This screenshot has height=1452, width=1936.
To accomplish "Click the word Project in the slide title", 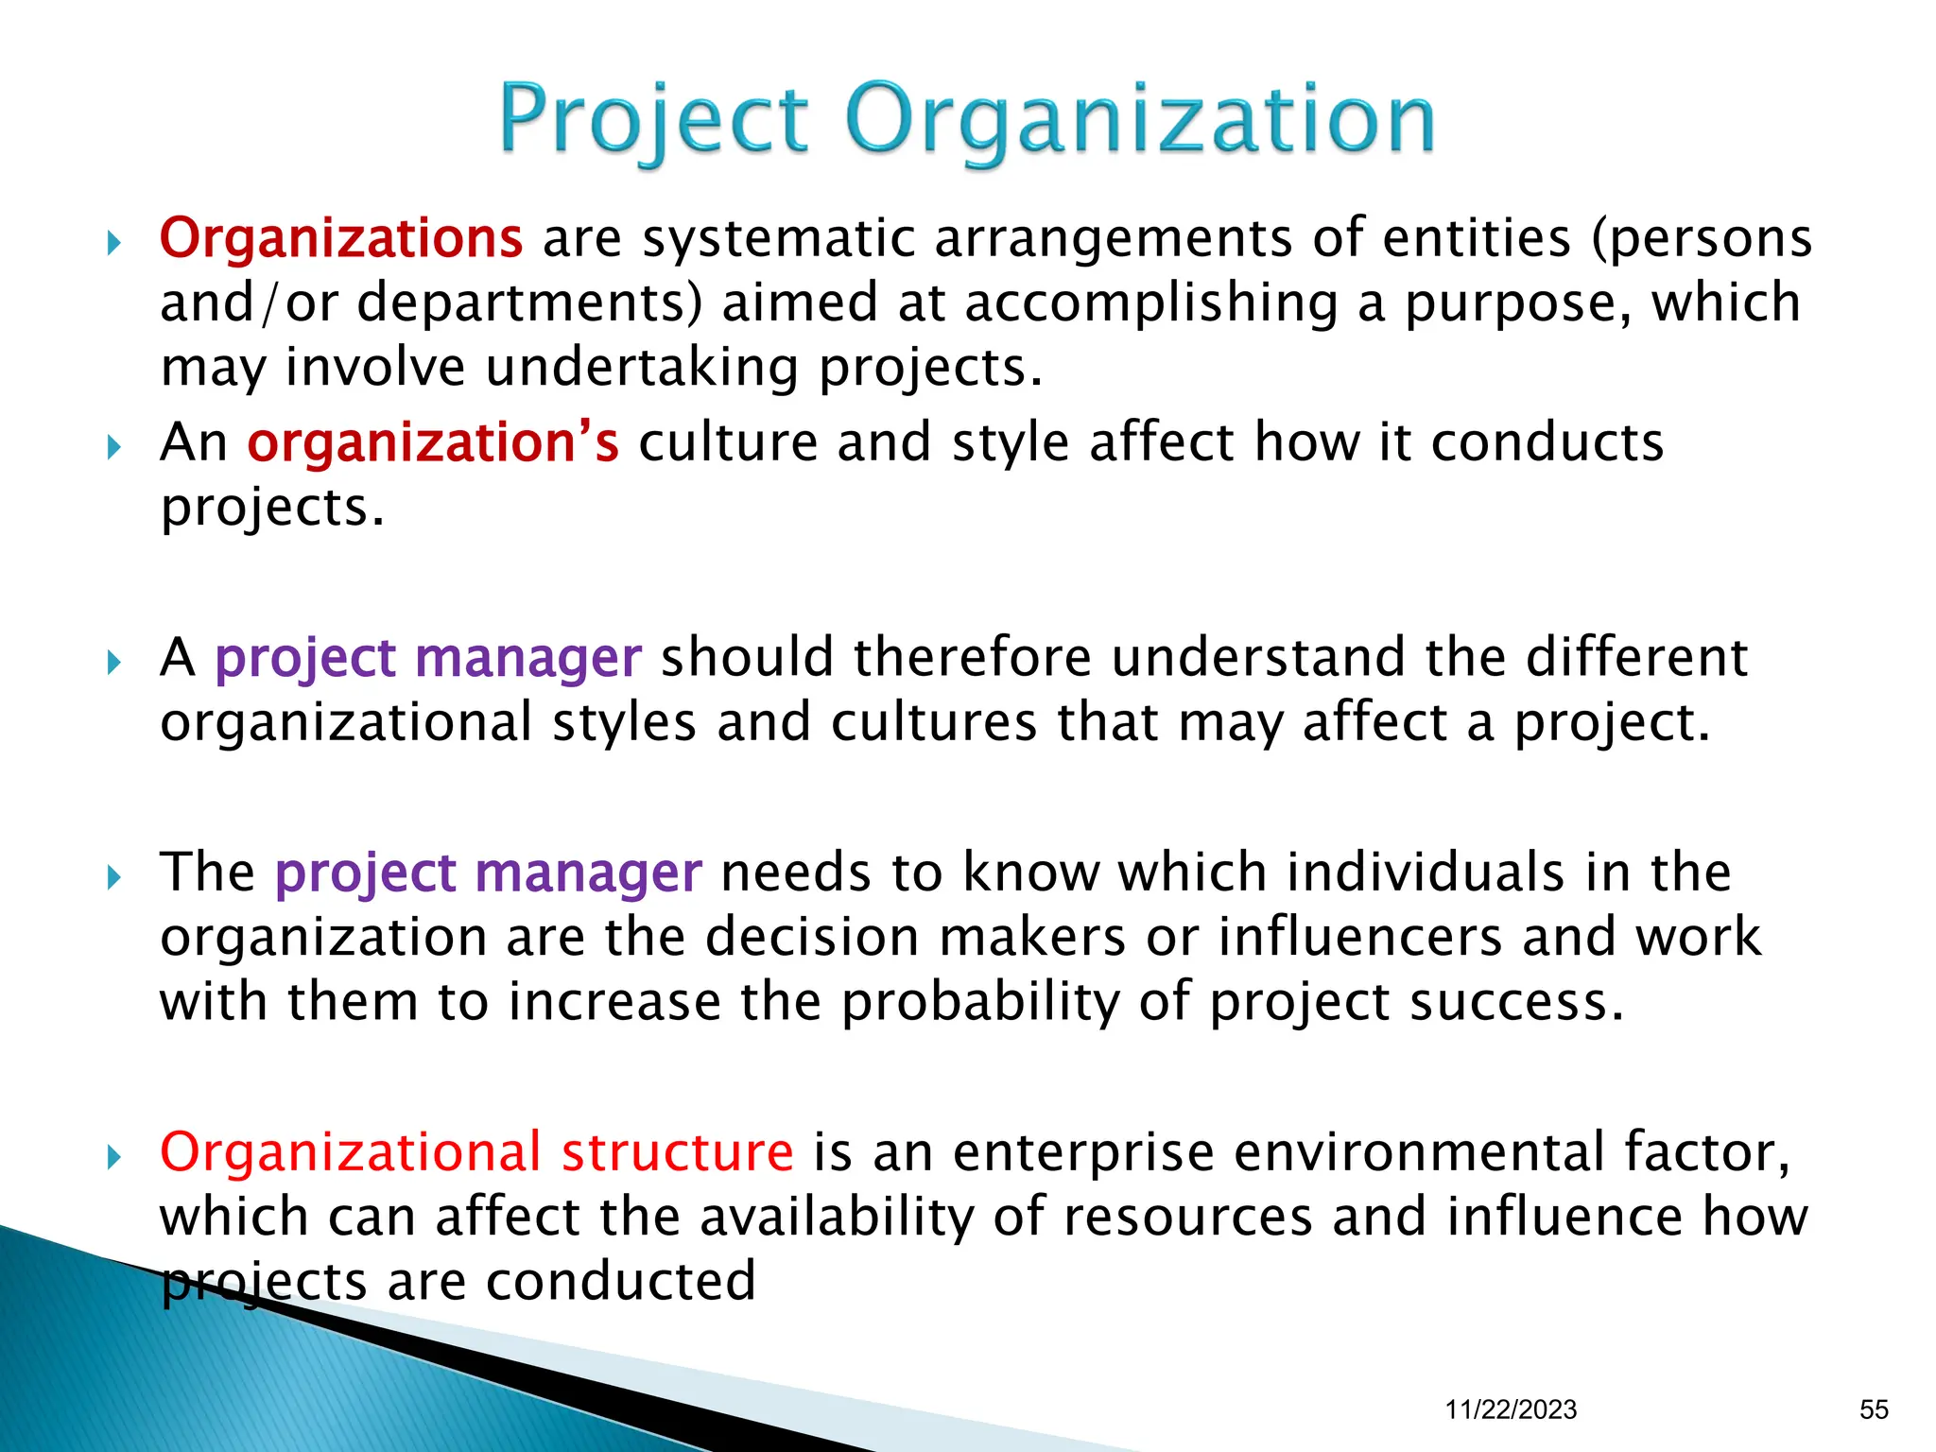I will [x=654, y=121].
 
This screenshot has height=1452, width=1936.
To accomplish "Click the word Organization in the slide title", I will [x=1140, y=121].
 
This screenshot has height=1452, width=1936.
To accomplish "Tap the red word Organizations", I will [x=340, y=238].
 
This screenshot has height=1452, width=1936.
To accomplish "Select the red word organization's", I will [x=433, y=442].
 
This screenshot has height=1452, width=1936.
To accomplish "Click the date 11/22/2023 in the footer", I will [x=1511, y=1409].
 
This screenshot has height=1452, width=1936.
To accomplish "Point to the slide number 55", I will [x=1874, y=1409].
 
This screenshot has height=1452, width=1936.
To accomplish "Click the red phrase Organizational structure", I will [x=476, y=1152].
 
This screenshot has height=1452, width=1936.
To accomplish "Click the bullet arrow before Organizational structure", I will [x=114, y=1156].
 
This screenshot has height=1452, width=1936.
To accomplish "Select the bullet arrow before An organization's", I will [x=114, y=446].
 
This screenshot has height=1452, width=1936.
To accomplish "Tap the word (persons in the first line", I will [x=1702, y=238].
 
